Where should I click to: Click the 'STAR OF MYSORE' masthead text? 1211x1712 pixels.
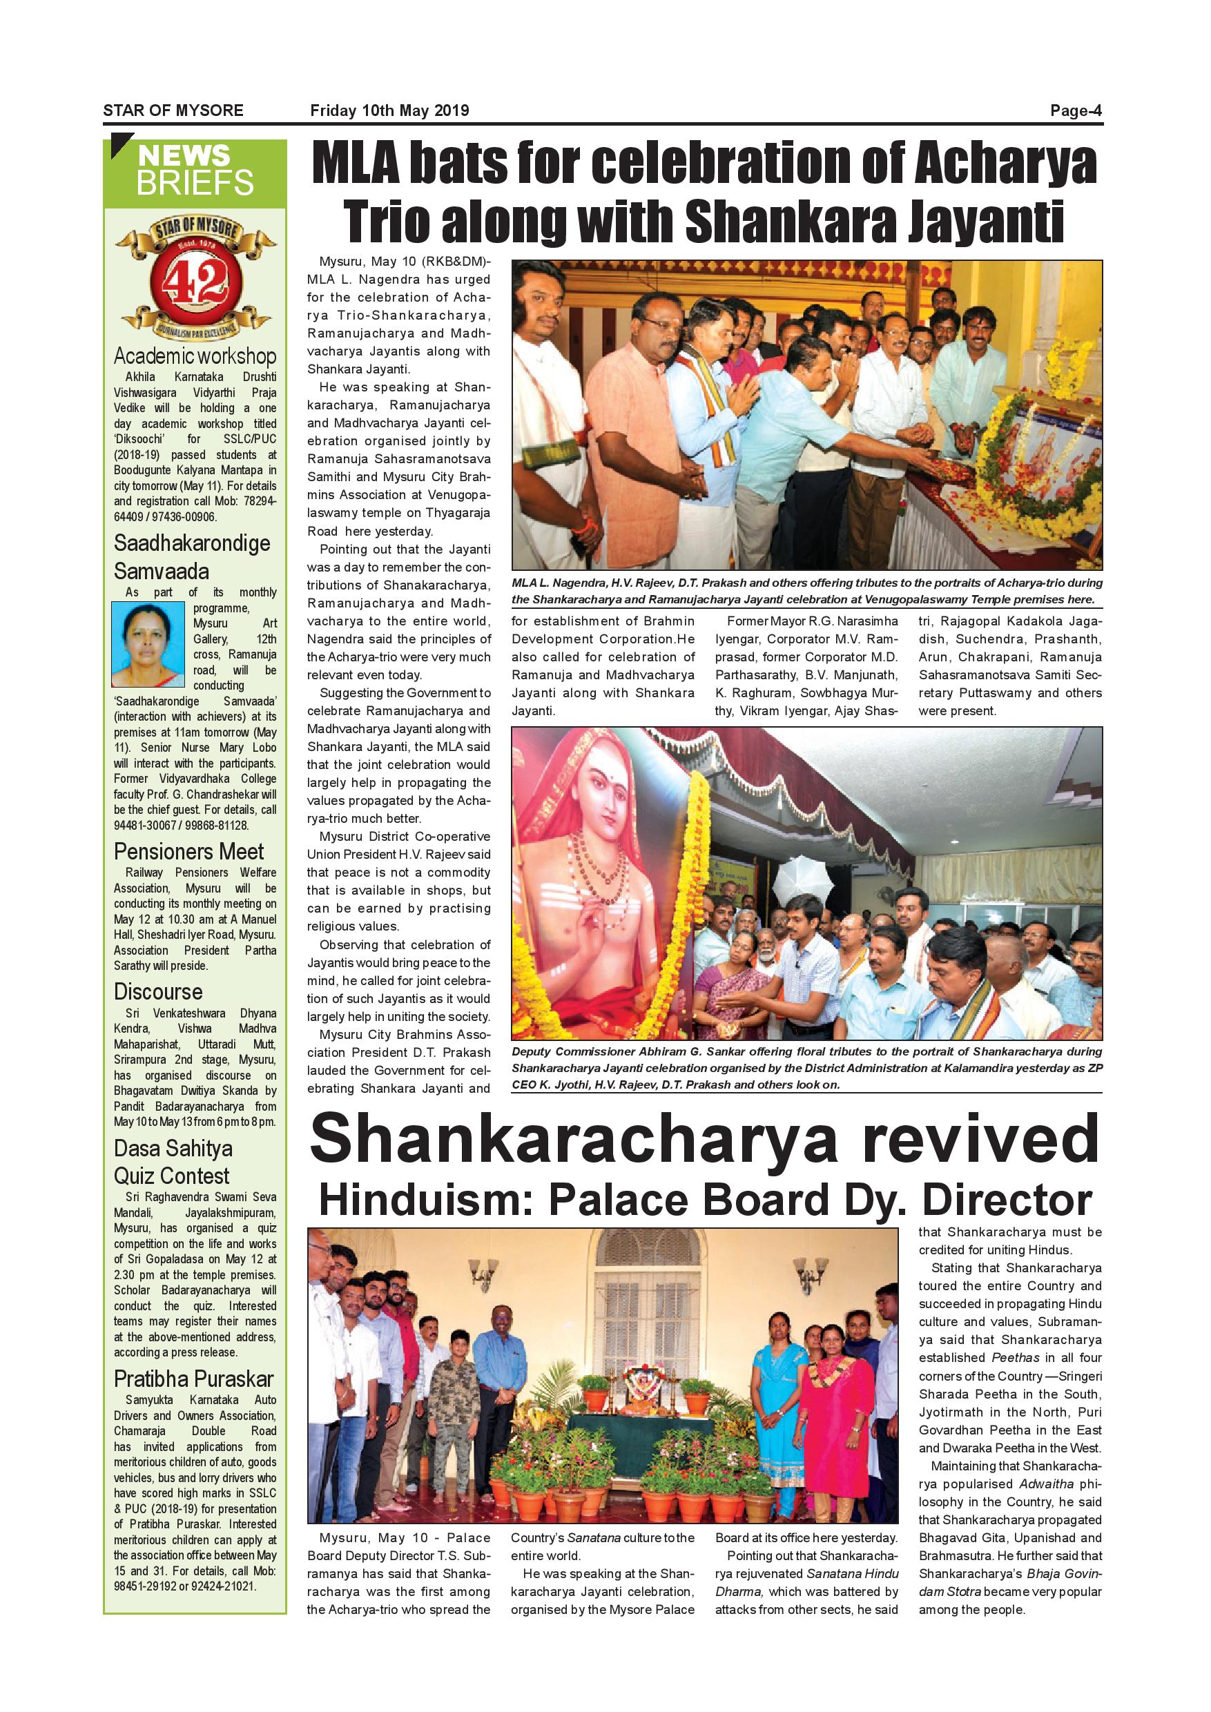pos(173,111)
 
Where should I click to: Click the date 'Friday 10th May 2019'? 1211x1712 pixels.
pos(389,111)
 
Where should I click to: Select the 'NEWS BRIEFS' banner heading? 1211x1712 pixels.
pos(195,170)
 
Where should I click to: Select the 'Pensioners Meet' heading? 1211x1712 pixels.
pos(188,852)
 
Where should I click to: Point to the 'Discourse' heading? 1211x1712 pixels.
pos(158,992)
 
